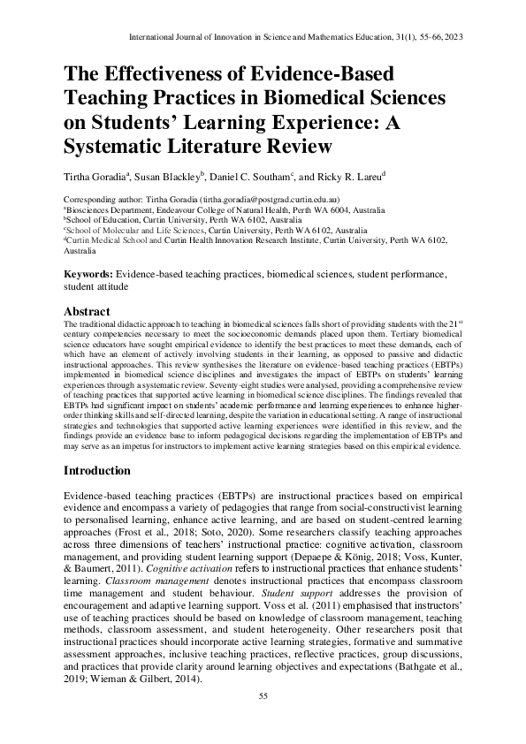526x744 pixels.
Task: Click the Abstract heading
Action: click(x=88, y=312)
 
